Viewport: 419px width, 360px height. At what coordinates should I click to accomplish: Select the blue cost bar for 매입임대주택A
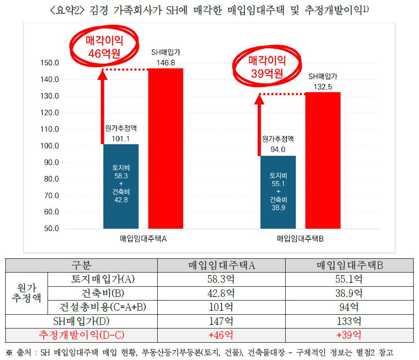120,186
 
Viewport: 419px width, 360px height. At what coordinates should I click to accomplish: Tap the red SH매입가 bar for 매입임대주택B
323,160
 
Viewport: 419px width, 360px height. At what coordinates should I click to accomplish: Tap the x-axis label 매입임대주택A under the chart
143,239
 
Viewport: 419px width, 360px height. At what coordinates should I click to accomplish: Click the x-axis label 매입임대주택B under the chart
300,239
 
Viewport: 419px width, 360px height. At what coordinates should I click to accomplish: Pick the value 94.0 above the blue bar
278,150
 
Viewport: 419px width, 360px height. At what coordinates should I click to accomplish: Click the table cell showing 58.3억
221,280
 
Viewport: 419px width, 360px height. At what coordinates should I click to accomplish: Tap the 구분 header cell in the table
81,266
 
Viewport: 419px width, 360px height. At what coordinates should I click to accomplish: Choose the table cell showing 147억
221,320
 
